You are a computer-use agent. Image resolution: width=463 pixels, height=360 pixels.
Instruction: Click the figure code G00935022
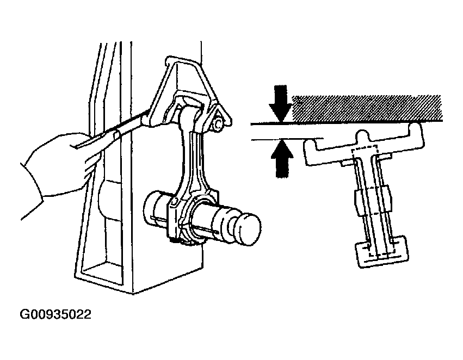[x=55, y=314]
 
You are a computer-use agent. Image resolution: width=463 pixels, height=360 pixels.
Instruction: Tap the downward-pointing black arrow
[x=281, y=103]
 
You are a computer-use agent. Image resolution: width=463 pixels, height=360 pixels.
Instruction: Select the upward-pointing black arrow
[x=282, y=159]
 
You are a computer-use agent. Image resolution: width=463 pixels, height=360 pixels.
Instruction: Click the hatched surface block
[x=367, y=108]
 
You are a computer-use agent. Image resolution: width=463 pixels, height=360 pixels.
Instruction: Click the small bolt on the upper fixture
[x=218, y=125]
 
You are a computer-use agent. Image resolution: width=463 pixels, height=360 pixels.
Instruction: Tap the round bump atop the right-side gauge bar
[x=362, y=135]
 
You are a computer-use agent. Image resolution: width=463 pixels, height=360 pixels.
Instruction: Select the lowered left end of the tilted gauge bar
[x=311, y=153]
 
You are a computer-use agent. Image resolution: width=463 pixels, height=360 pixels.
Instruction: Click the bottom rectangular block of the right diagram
[x=382, y=251]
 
